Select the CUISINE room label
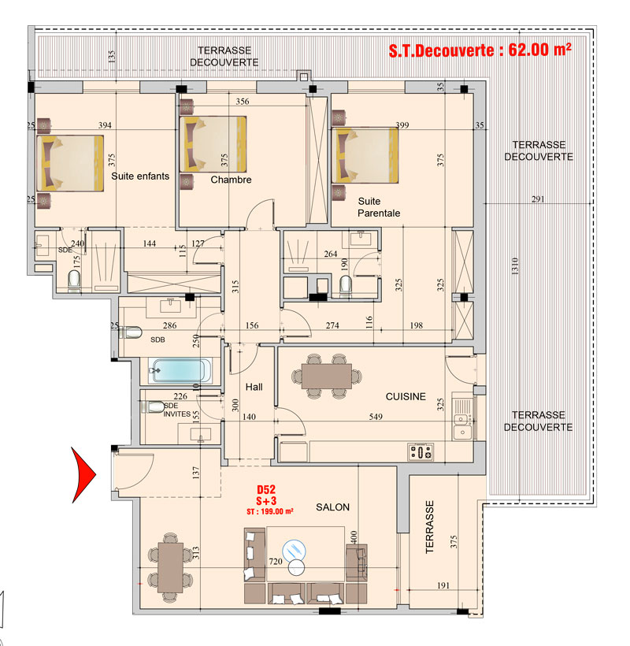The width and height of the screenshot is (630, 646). click(x=406, y=397)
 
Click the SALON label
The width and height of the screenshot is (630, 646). click(x=332, y=507)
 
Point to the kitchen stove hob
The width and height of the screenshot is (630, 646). click(x=421, y=452)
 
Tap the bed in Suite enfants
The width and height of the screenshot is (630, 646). click(x=70, y=163)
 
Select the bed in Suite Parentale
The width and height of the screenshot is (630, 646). click(x=365, y=155)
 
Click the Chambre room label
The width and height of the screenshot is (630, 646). click(x=231, y=180)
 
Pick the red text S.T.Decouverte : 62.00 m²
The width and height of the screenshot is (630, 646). click(x=480, y=50)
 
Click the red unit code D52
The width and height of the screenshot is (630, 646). click(x=266, y=489)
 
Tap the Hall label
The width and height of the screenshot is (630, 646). click(x=254, y=387)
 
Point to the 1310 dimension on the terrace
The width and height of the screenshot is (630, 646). click(x=515, y=266)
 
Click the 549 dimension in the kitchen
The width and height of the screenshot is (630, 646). click(x=376, y=417)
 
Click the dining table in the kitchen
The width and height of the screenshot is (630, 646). click(x=327, y=376)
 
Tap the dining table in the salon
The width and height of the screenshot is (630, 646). click(x=170, y=567)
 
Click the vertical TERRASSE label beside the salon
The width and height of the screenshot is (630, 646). click(x=429, y=527)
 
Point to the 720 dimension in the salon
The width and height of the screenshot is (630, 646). click(x=276, y=561)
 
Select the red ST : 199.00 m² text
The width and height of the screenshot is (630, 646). click(x=269, y=512)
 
